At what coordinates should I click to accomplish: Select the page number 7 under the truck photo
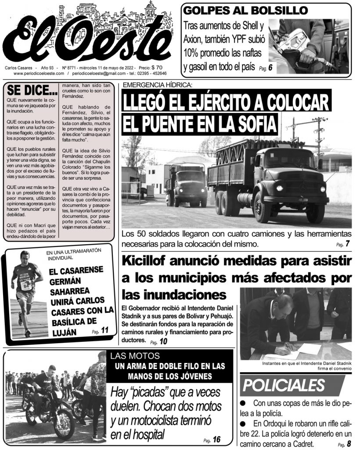click(x=347, y=244)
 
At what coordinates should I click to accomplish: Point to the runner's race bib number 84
click(x=26, y=286)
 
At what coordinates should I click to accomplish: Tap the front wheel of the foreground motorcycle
click(x=64, y=424)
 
